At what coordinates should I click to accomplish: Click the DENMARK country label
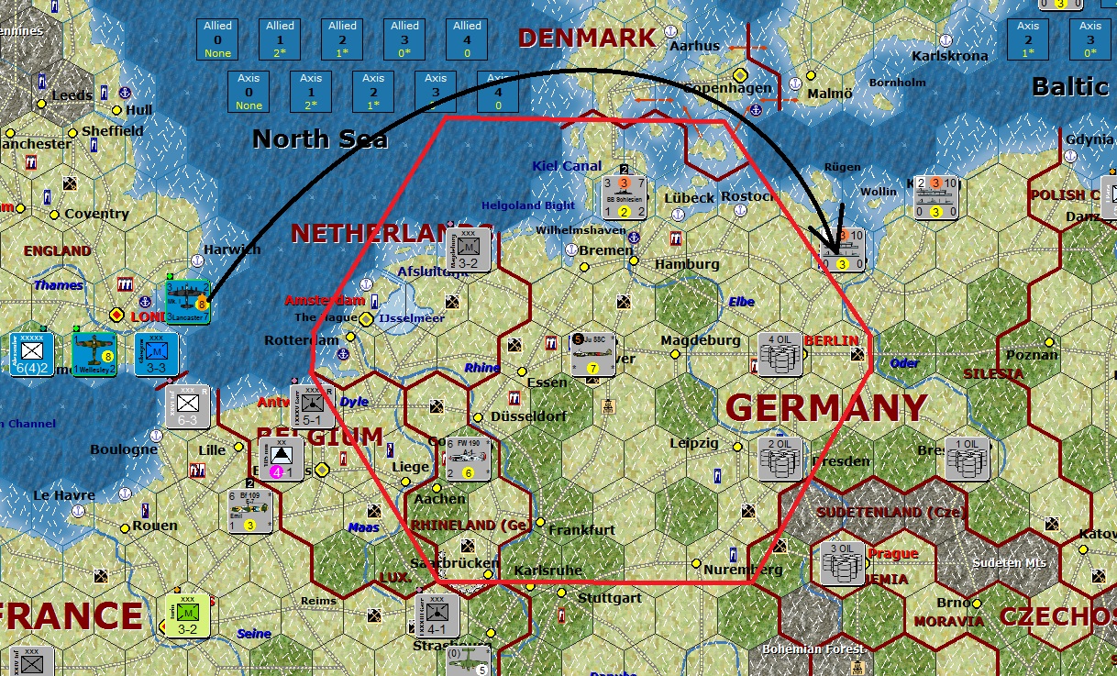click(587, 38)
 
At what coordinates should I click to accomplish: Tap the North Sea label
click(320, 139)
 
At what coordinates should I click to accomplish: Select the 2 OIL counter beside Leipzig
click(780, 457)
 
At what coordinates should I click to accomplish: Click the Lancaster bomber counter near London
click(188, 301)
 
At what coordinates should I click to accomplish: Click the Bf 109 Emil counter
click(251, 510)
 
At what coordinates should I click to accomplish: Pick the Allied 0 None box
click(218, 39)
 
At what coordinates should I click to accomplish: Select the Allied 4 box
click(468, 39)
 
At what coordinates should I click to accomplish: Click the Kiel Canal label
click(567, 166)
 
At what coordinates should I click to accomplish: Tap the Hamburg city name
click(687, 264)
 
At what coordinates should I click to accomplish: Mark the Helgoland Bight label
click(528, 205)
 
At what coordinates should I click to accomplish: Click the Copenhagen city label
click(714, 88)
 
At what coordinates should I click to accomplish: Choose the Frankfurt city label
click(581, 530)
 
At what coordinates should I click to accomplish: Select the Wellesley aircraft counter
click(95, 354)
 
